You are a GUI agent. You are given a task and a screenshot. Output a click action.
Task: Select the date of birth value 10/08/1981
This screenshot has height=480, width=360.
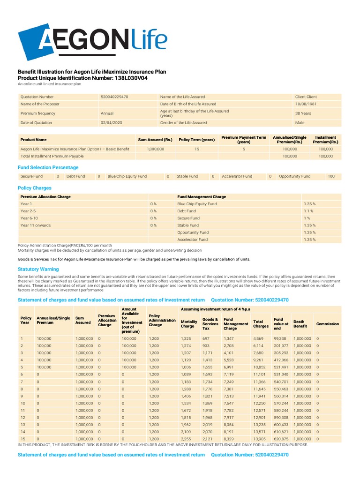click(x=306, y=104)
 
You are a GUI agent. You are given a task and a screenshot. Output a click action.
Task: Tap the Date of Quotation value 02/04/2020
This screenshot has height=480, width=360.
click(x=110, y=123)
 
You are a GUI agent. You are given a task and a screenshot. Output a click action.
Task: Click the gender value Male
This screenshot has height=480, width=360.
click(x=300, y=123)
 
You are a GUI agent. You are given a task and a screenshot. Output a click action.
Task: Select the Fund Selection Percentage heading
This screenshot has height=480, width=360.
click(x=48, y=167)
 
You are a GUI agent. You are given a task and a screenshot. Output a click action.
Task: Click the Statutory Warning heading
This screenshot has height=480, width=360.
click(x=38, y=270)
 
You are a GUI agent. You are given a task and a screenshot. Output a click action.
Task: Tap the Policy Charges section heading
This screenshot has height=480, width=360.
click(x=34, y=188)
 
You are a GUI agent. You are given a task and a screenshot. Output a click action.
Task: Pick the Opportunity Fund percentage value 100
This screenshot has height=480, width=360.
click(x=331, y=177)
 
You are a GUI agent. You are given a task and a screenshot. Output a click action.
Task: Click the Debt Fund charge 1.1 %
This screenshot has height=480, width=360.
click(x=308, y=211)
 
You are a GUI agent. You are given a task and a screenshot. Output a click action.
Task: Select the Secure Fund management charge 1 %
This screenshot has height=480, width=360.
click(x=307, y=218)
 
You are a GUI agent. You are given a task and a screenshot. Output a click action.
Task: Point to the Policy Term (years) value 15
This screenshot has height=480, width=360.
click(x=197, y=149)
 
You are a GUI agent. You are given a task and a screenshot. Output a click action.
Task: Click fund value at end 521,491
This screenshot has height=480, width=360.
click(x=281, y=367)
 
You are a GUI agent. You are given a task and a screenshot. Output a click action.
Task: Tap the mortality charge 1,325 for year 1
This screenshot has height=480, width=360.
click(x=186, y=338)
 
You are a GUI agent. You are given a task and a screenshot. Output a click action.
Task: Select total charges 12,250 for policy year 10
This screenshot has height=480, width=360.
click(x=260, y=403)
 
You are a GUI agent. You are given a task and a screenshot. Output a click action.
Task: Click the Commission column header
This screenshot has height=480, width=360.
click(x=328, y=324)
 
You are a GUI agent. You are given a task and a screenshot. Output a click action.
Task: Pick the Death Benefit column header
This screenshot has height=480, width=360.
click(x=300, y=324)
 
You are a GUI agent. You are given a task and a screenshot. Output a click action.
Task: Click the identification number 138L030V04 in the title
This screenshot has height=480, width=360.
click(x=124, y=78)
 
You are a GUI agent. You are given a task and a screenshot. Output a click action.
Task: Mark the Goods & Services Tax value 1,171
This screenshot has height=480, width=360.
click(x=208, y=352)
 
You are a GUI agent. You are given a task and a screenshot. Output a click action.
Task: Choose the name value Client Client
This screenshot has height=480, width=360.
click(x=306, y=97)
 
